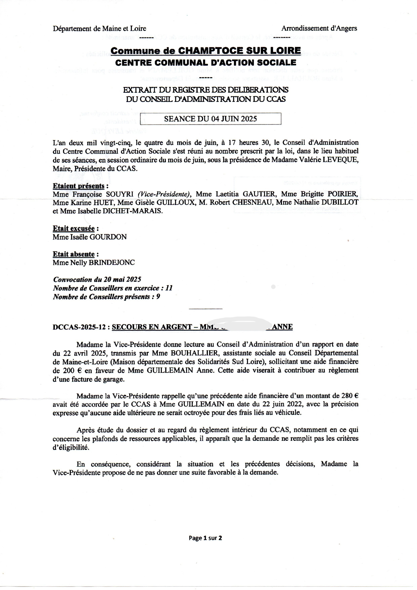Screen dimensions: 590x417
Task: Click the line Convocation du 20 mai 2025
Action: (x=97, y=280)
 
